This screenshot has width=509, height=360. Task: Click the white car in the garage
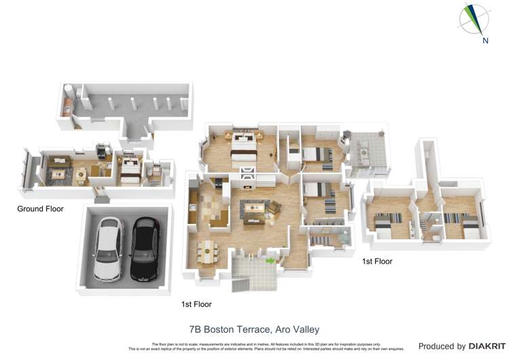click(x=108, y=249)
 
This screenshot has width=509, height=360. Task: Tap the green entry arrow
click(x=270, y=260)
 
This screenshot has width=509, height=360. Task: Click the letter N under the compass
click(x=485, y=41)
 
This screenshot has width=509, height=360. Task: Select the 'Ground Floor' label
click(x=40, y=209)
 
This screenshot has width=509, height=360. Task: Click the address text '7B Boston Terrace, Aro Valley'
click(x=254, y=329)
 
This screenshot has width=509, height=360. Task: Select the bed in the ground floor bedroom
click(x=129, y=168)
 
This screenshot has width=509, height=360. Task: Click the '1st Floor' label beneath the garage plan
click(x=196, y=304)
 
